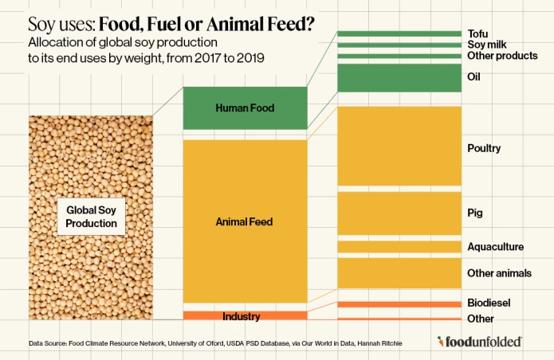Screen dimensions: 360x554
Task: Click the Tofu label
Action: pos(477,33)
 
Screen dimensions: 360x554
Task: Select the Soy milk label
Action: pos(485,45)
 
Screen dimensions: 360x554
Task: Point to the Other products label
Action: pos(502,56)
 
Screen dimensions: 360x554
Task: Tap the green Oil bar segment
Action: pos(399,77)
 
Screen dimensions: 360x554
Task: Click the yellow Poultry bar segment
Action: pos(399,146)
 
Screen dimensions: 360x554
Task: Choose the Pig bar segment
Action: pos(399,213)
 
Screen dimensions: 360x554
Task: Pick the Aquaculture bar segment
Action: pos(399,247)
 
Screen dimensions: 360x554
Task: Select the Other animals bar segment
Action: pos(399,272)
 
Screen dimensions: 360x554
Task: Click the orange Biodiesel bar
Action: pos(399,303)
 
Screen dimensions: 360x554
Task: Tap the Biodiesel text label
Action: pos(489,303)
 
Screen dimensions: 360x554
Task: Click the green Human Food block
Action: pos(245,108)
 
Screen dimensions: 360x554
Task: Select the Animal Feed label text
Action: pos(245,221)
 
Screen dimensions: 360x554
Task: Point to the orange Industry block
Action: pos(245,316)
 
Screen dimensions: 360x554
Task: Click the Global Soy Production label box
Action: pos(91,216)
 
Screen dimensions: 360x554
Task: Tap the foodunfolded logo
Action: pos(480,342)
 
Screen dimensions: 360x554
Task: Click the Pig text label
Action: pos(475,213)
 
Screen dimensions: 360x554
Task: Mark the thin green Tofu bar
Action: pos(399,33)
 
